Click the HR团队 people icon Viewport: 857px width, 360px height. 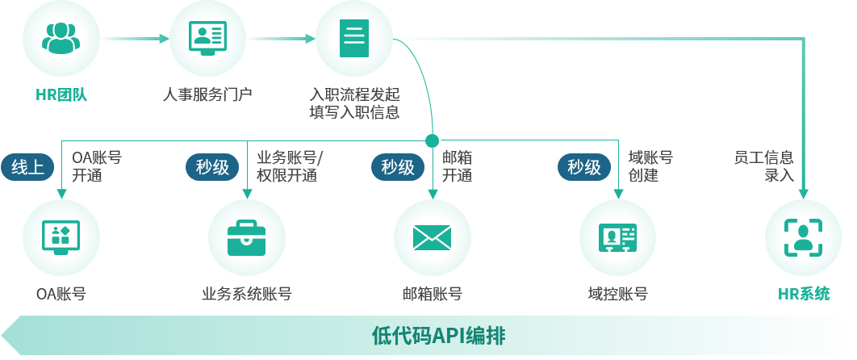[x=61, y=38]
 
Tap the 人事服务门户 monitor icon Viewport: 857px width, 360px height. [x=207, y=38]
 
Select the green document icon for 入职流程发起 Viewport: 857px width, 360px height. [x=353, y=38]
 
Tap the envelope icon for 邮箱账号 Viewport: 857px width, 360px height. [x=432, y=237]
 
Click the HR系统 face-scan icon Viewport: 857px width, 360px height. [x=803, y=237]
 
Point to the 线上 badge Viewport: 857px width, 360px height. [x=28, y=167]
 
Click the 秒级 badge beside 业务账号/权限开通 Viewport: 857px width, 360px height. [x=212, y=167]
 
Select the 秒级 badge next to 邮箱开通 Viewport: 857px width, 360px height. [x=398, y=167]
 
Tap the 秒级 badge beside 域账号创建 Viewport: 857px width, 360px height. [x=583, y=167]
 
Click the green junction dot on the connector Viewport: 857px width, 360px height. [x=432, y=140]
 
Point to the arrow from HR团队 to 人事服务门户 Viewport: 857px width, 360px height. [x=137, y=38]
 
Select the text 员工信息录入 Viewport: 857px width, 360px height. [x=764, y=166]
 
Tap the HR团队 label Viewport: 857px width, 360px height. [x=61, y=94]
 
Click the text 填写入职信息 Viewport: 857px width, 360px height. [x=354, y=112]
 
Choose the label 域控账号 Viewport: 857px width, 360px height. [x=617, y=294]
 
